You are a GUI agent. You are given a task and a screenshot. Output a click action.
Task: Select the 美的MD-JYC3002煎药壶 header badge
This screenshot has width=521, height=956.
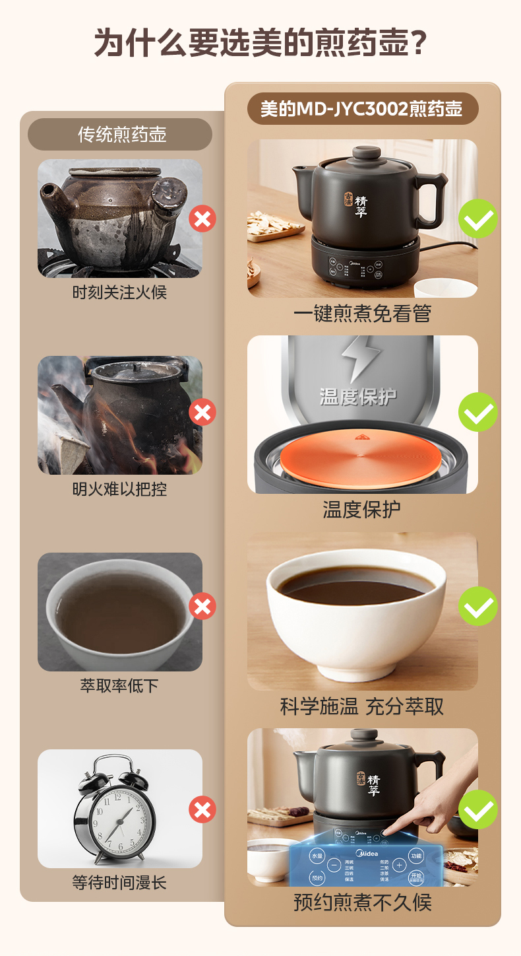pyautogui.click(x=362, y=108)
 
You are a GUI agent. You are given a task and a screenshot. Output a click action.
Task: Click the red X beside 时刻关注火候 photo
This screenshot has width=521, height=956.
pyautogui.click(x=202, y=219)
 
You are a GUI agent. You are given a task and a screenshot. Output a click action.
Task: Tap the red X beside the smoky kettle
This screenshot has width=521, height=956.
pyautogui.click(x=202, y=413)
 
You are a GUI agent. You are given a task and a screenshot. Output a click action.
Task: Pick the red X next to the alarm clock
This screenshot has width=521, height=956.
pyautogui.click(x=202, y=809)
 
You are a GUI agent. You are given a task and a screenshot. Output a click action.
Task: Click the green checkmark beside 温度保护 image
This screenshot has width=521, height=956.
pyautogui.click(x=478, y=412)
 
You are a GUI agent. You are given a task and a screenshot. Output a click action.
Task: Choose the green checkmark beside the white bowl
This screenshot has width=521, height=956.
pyautogui.click(x=478, y=606)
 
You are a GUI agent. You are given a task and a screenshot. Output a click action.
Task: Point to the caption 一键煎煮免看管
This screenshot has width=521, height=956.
pyautogui.click(x=362, y=314)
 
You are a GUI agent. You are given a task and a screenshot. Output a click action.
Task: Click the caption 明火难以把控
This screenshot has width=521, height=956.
pyautogui.click(x=119, y=489)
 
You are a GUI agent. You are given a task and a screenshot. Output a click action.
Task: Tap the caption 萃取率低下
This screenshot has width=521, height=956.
pyautogui.click(x=119, y=686)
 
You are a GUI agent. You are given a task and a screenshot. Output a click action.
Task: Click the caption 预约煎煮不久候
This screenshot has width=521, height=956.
pyautogui.click(x=362, y=903)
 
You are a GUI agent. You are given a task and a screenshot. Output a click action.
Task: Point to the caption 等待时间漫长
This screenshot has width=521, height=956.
pyautogui.click(x=119, y=883)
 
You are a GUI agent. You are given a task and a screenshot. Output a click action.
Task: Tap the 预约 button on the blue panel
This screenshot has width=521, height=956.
pyautogui.click(x=317, y=877)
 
